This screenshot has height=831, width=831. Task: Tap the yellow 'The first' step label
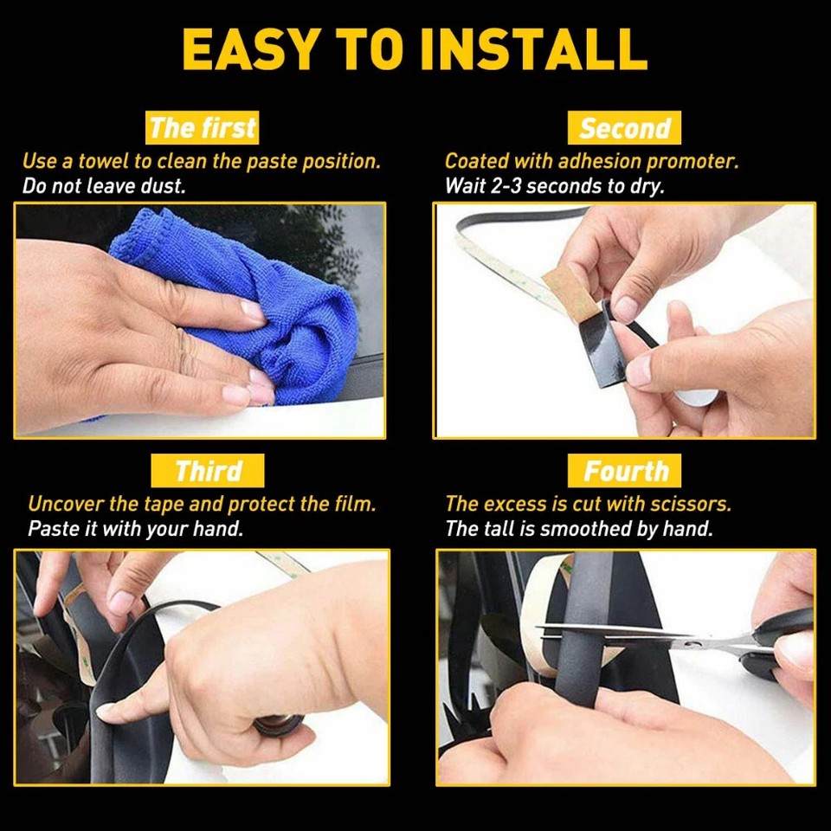tap(203, 128)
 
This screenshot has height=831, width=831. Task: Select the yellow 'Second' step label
tap(624, 128)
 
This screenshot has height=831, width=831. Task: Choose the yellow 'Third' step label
tap(207, 472)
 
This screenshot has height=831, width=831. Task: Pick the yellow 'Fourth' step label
tap(625, 472)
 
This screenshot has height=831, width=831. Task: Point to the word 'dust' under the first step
tap(165, 185)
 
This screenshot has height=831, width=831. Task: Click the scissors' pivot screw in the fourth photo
tap(692, 641)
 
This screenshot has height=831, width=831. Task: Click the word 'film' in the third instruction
tap(355, 504)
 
